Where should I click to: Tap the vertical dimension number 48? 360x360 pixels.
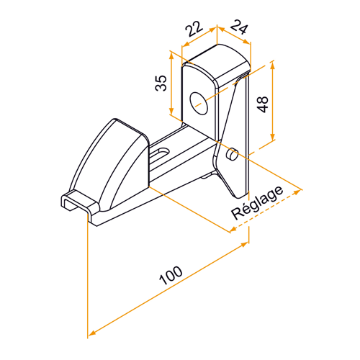pos(264,104)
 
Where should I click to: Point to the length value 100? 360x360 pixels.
pos(168,278)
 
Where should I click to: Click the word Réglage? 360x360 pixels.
pos(257,204)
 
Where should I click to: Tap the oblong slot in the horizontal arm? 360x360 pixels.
pos(162,153)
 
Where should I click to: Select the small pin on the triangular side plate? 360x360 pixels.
pos(231,153)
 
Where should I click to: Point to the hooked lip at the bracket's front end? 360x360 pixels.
pos(76,206)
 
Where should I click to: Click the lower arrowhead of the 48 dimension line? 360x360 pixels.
pos(273,140)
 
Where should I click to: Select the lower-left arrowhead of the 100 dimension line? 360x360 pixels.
pos(90,334)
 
